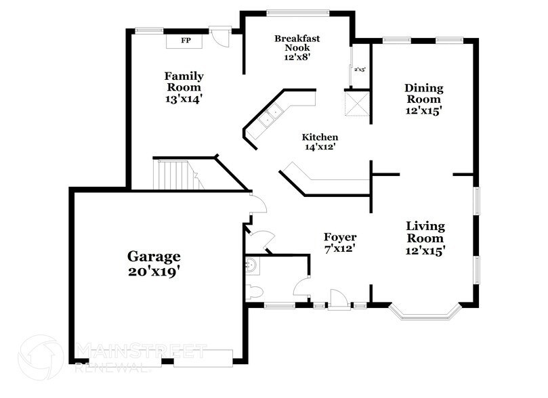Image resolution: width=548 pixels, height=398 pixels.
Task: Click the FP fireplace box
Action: point(185,41)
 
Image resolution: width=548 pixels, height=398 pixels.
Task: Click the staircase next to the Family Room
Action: point(176,174)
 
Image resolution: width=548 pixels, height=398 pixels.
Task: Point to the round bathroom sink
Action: point(250,266)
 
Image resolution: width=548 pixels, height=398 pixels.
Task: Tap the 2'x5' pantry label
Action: point(359,69)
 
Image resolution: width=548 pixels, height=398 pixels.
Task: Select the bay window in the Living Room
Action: point(425,313)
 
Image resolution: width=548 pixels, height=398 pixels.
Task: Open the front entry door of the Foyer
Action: point(338,298)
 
